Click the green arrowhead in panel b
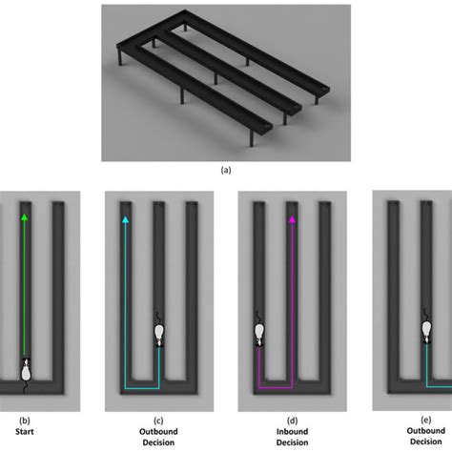24,217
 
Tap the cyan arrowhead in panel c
125,219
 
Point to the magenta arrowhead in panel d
292,219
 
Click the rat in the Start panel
26,375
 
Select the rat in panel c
159,331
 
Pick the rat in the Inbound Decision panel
259,330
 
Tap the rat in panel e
426,327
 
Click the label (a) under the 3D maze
226,170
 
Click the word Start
25,431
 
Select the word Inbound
292,432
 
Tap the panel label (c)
158,421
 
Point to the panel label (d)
292,421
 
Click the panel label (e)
426,420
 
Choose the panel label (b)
25,421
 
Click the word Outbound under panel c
158,432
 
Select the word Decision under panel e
426,442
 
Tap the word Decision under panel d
292,442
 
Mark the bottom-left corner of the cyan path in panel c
125,388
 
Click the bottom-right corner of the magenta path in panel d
292,388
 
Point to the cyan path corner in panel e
426,387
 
